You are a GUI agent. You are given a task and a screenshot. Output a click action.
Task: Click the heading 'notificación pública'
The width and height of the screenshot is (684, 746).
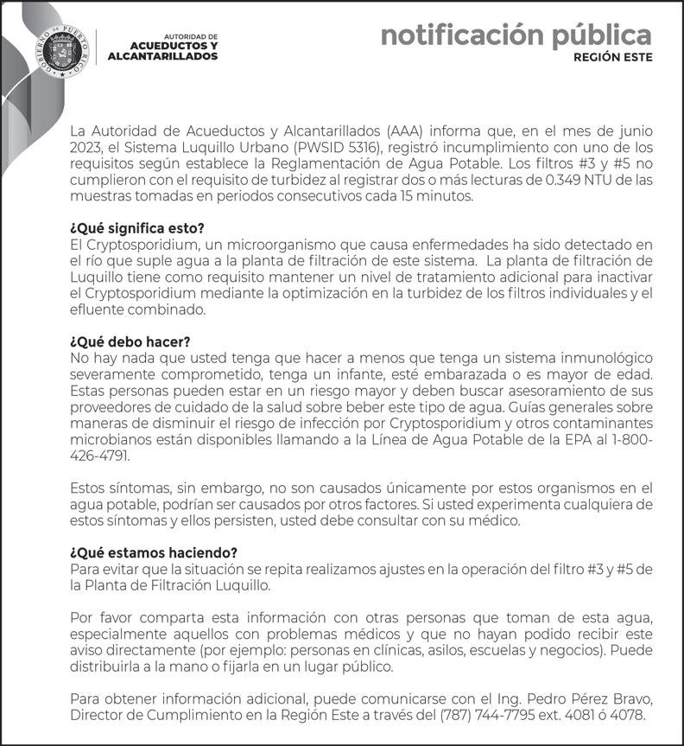coord(516,35)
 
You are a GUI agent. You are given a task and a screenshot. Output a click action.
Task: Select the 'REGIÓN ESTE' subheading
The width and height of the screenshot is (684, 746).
coord(613,58)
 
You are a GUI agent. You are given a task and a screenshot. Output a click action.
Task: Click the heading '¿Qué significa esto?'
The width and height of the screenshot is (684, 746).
coord(136,228)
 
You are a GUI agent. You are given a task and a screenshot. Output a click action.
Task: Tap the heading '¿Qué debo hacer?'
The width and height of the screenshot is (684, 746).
coord(130,341)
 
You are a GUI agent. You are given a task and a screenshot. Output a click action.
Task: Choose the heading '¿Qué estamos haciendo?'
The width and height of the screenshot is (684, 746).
coord(153,552)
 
